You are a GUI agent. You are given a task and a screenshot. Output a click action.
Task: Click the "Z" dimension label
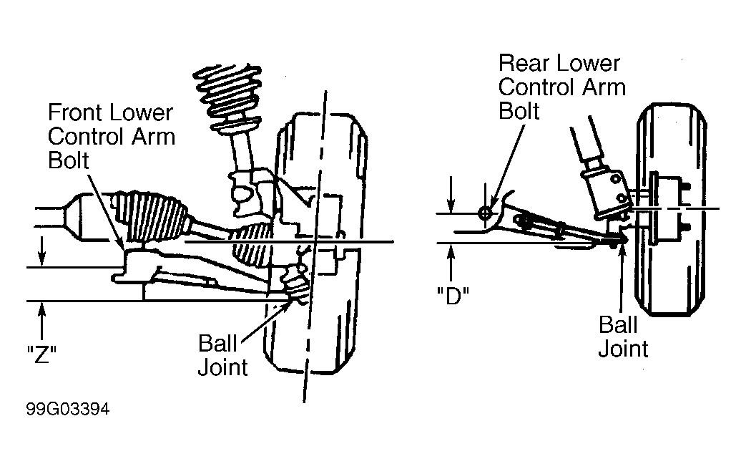pyautogui.click(x=42, y=354)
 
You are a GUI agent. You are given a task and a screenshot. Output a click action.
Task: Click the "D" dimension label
pyautogui.click(x=453, y=296)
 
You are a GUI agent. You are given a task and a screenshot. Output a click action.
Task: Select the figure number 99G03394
pyautogui.click(x=68, y=409)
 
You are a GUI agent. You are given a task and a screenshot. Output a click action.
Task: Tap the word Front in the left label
pyautogui.click(x=75, y=113)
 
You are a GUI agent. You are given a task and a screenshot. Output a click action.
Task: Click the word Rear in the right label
pyautogui.click(x=523, y=63)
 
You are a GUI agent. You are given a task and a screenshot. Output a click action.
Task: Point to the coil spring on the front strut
pyautogui.click(x=228, y=95)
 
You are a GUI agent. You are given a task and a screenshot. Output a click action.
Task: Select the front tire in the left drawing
pyautogui.click(x=315, y=243)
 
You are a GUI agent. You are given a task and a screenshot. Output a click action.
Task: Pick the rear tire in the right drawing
pyautogui.click(x=672, y=210)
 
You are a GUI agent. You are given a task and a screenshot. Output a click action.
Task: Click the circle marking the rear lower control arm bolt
pyautogui.click(x=485, y=213)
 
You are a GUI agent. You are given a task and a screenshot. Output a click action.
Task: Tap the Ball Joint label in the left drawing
pyautogui.click(x=222, y=355)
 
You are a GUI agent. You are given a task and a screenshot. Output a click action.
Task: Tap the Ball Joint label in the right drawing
pyautogui.click(x=623, y=337)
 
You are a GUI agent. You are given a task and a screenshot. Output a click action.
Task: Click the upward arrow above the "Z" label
pyautogui.click(x=42, y=322)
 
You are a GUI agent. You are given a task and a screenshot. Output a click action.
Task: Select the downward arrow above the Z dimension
pyautogui.click(x=42, y=251)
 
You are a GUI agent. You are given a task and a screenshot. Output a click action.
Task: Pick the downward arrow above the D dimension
pyautogui.click(x=451, y=195)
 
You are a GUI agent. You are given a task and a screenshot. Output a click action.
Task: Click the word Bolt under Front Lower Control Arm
pyautogui.click(x=69, y=160)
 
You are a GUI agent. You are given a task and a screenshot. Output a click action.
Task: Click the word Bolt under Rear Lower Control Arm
pyautogui.click(x=519, y=111)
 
